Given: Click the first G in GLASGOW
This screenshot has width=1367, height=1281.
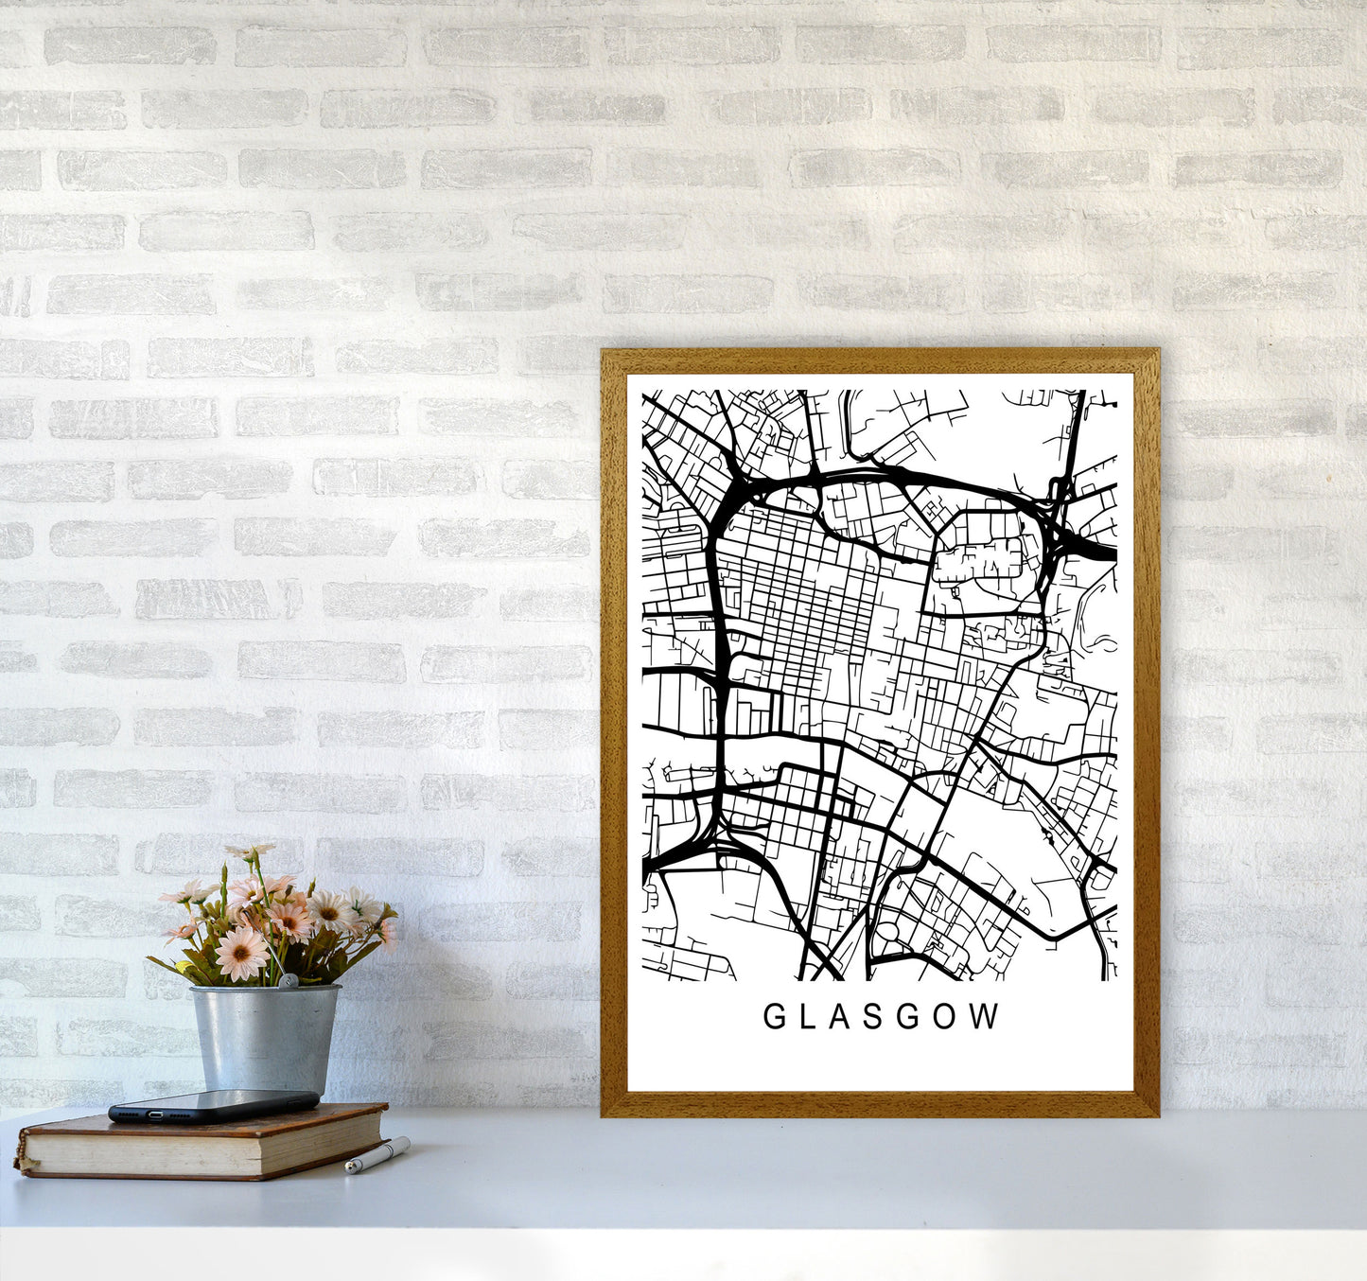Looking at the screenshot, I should (773, 1017).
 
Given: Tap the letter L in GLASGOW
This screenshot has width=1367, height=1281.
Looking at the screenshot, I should (807, 1017).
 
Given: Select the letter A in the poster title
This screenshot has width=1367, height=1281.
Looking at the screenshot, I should (838, 1017).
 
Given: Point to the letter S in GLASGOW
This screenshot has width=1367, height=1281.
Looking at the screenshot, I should (872, 1017).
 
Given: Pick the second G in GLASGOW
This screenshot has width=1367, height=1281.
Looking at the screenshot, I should (907, 1017).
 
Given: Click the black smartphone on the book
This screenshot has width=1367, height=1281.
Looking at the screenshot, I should (214, 1105).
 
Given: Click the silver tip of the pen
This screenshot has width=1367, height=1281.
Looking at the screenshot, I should (350, 1169).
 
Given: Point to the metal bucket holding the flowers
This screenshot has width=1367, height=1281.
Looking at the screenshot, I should (264, 1037).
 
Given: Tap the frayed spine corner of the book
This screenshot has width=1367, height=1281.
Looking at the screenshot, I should (21, 1162).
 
